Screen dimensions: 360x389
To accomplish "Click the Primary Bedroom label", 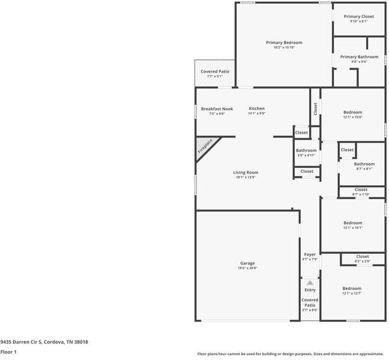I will (284, 43).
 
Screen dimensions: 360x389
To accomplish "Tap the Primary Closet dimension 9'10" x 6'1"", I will (359, 21).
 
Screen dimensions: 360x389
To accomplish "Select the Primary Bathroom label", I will (359, 57).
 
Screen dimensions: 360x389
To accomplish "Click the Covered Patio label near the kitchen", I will (215, 71).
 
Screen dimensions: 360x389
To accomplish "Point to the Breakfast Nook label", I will (217, 109).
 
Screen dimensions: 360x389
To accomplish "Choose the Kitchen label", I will (256, 109).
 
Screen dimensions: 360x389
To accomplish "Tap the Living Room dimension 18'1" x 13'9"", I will (246, 177).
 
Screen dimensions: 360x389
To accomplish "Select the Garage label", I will (247, 263).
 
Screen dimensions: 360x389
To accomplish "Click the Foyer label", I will (310, 254).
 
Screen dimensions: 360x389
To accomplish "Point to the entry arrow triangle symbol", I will (310, 282).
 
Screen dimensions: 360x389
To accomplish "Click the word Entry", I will (310, 290).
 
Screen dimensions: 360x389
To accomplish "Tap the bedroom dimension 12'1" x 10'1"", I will (352, 227).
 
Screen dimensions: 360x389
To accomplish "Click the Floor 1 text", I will (8, 352).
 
